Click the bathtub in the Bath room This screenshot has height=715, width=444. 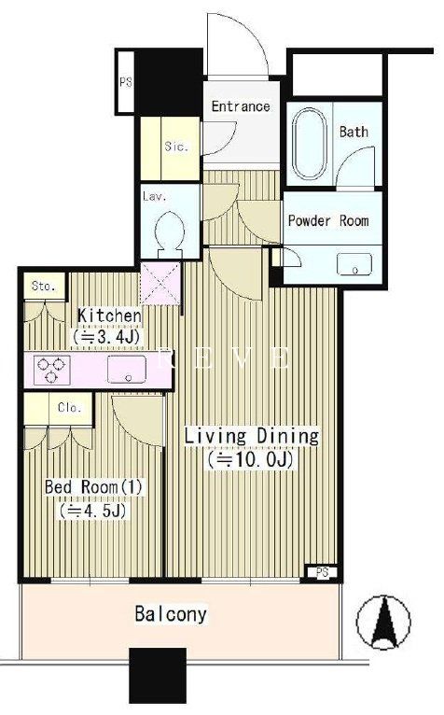pos(309,143)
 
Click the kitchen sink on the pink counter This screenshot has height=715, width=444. pos(127,369)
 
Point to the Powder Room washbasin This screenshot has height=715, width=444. pos(354,264)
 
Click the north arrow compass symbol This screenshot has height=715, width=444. pos(383,622)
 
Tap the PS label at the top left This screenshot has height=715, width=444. pos(125,82)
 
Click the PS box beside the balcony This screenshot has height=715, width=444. pos(322,572)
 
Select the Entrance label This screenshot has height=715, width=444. pos(241,106)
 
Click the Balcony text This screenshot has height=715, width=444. pos(171,614)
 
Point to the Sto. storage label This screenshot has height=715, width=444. pos(44,287)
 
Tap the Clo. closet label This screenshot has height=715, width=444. pos(70,407)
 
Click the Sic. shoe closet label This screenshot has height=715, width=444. pos(176,147)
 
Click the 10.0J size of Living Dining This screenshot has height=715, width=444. pos(250,459)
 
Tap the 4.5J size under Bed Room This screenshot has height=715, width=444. pos(92,511)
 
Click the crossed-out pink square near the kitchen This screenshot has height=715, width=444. pos(160,283)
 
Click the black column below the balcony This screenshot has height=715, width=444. pos(158,676)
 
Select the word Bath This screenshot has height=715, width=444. pos(354,133)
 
